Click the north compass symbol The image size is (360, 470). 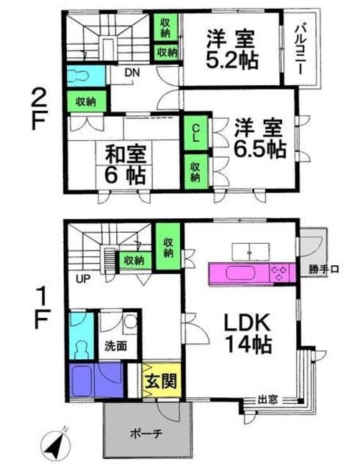tap(55, 443)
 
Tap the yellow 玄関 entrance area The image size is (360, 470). tap(161, 380)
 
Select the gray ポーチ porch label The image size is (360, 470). tap(146, 434)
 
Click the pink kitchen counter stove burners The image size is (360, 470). tap(278, 273)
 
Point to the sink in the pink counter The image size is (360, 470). tap(240, 273)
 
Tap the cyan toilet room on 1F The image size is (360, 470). tap(82, 336)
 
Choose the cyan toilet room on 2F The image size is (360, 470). tap(86, 74)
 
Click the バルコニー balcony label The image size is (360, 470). tap(301, 50)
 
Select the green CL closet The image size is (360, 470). tap(195, 133)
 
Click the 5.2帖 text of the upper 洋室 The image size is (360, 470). tap(231, 61)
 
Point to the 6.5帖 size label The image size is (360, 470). tap(259, 149)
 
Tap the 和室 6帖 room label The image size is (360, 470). tap(126, 164)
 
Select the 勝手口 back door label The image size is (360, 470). tap(324, 270)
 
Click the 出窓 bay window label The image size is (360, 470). tap(267, 399)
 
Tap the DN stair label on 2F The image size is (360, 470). tap(132, 73)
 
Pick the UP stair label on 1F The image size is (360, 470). tap(83, 280)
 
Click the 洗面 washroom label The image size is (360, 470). tap(116, 347)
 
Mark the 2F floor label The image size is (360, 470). tap(39, 109)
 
